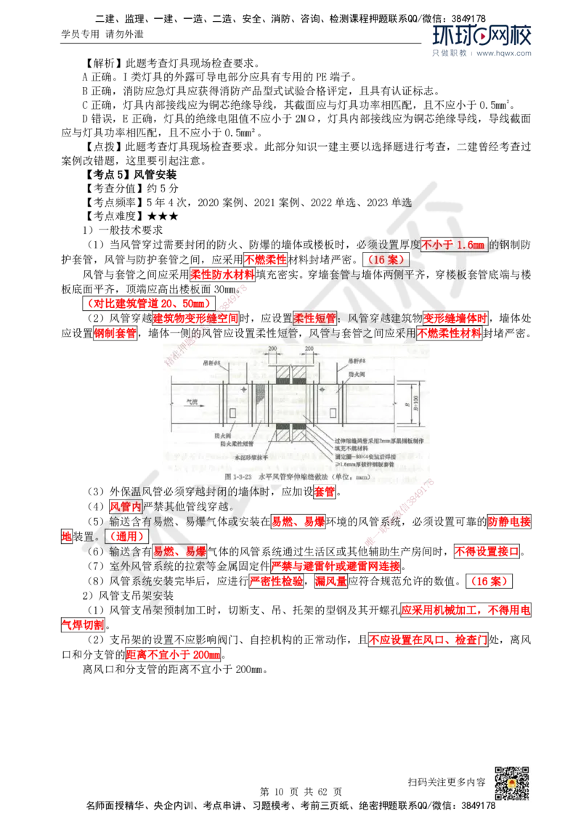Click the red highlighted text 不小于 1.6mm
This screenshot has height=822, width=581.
point(452,245)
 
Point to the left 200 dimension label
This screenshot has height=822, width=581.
point(272,350)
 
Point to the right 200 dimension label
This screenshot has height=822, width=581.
point(309,350)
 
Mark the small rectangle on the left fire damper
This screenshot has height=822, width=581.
point(231,413)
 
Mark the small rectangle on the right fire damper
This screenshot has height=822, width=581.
point(333,413)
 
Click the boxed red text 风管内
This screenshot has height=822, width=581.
point(125,506)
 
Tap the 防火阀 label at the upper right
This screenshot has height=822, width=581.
point(356,374)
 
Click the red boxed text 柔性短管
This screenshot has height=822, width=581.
point(314,318)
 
